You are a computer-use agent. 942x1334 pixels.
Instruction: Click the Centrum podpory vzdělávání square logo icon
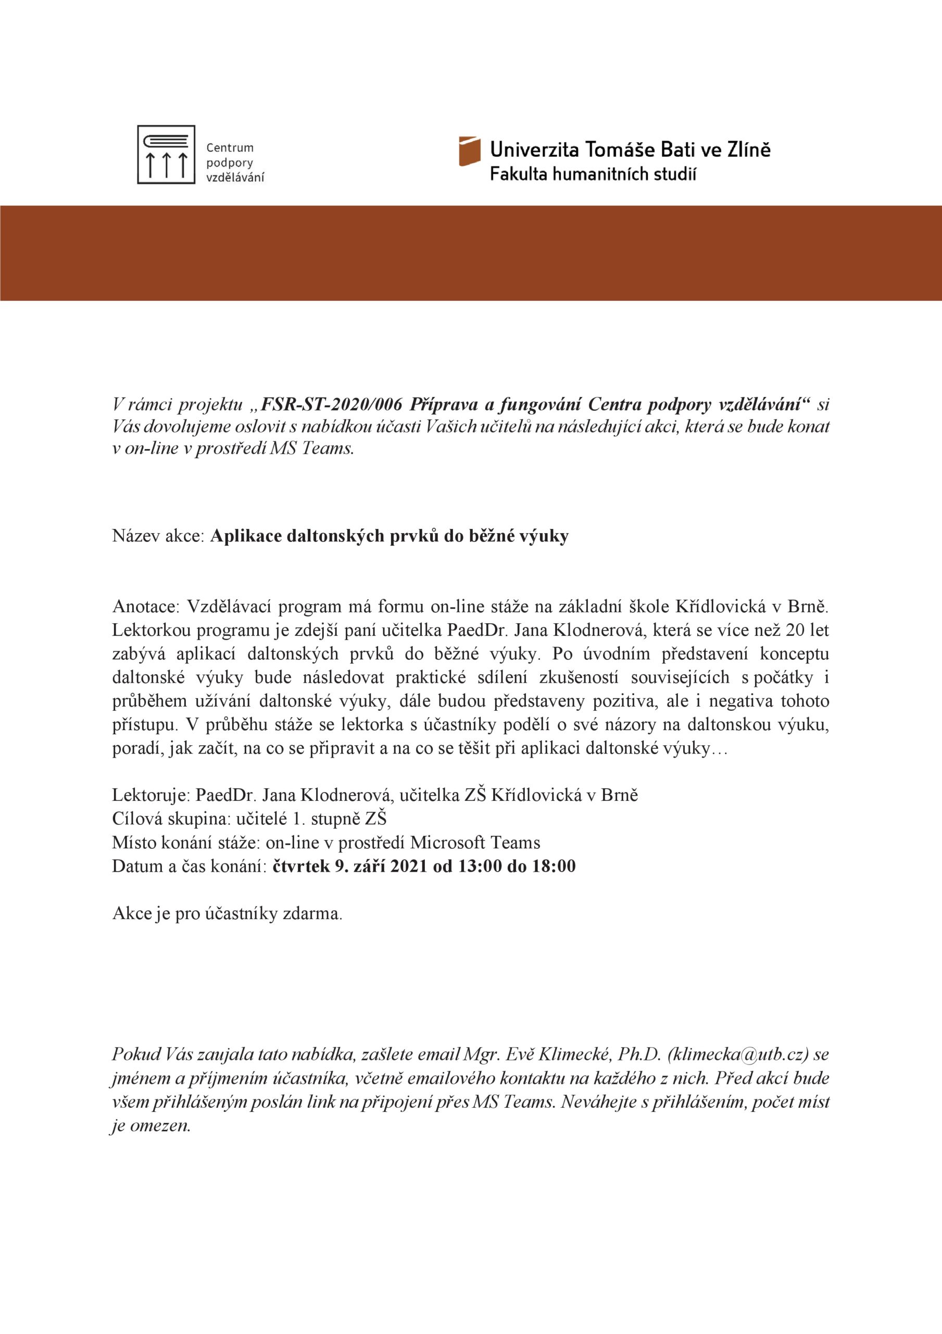(x=166, y=155)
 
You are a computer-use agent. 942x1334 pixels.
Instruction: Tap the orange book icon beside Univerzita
(x=469, y=151)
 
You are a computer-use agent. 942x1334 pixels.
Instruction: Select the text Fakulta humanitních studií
(x=593, y=174)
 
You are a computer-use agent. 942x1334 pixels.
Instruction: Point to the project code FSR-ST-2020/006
(x=332, y=404)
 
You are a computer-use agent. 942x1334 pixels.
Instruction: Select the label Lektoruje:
(x=150, y=795)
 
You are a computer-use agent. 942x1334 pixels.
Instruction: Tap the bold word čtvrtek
(x=300, y=866)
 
